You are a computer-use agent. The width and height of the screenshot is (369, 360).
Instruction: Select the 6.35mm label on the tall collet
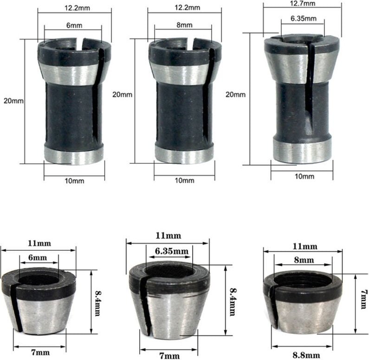[303, 19]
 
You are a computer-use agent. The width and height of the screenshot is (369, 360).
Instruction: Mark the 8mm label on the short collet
[303, 260]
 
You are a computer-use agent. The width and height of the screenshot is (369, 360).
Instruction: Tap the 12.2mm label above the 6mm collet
[74, 8]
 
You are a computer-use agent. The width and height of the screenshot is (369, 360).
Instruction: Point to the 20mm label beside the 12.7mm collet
[235, 94]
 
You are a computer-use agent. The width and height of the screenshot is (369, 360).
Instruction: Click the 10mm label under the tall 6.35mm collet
[304, 177]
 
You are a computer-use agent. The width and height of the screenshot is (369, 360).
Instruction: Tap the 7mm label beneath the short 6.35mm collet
[168, 356]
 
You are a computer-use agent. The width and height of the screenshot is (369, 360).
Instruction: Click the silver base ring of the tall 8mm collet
[184, 155]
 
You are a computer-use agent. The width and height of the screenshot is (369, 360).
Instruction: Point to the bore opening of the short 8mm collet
[303, 279]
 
